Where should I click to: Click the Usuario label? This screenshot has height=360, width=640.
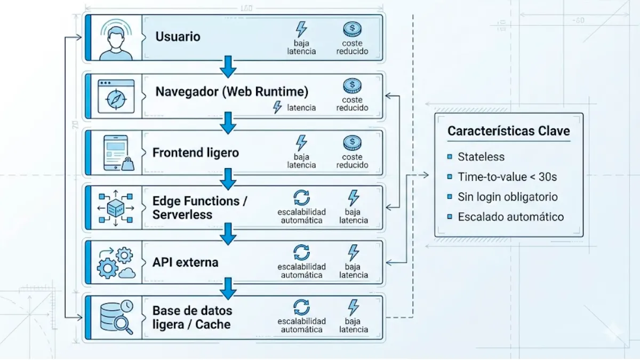click(x=178, y=37)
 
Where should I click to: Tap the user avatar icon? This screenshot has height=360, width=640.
click(x=115, y=37)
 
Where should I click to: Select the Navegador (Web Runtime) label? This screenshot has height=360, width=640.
click(x=231, y=92)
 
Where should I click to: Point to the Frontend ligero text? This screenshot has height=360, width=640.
click(x=196, y=153)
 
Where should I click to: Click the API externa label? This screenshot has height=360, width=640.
click(x=185, y=262)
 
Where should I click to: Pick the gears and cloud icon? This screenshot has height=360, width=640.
click(x=115, y=263)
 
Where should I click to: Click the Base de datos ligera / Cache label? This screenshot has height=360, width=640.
click(x=192, y=317)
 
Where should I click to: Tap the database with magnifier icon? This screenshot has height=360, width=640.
click(x=116, y=318)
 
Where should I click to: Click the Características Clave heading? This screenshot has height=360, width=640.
click(x=508, y=131)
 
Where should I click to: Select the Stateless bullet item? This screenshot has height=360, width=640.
click(x=481, y=157)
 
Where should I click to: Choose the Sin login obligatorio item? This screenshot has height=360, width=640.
click(x=507, y=197)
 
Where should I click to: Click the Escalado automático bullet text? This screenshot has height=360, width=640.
click(x=510, y=217)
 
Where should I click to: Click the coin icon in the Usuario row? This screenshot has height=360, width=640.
click(x=352, y=29)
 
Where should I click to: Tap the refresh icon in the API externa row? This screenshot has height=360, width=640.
click(x=301, y=252)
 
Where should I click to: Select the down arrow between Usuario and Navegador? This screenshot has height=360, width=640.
click(x=228, y=67)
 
